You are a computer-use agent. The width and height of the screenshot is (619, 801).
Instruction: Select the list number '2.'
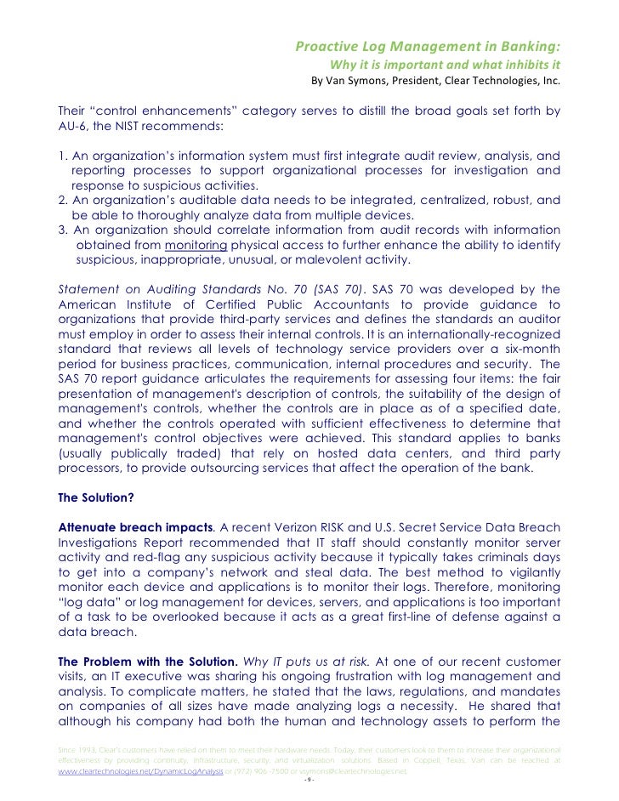pos(63,201)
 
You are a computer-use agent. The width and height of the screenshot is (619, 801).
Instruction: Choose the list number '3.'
pos(63,230)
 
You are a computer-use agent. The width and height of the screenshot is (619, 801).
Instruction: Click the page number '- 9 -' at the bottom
pos(309,784)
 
